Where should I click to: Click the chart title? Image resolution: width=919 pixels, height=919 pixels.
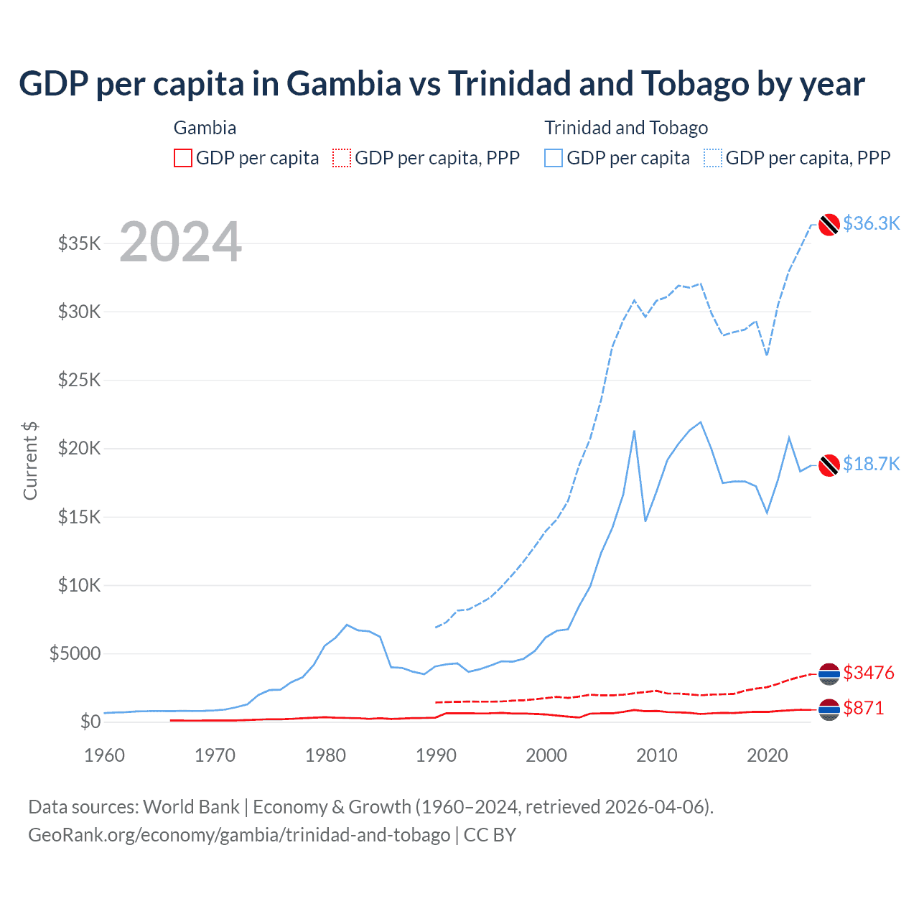442,84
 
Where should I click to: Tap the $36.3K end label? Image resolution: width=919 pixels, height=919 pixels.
871,223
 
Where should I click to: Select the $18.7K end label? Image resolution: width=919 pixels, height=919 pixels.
871,464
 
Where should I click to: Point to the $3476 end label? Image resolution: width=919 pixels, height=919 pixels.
869,673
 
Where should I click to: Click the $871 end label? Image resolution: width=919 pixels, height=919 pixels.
863,708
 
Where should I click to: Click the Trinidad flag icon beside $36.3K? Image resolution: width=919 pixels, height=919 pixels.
829,225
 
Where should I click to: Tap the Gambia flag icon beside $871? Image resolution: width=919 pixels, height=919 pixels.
829,709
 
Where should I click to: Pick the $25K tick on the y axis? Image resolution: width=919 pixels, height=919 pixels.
79,380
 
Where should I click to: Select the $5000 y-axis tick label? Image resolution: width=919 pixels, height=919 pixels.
75,653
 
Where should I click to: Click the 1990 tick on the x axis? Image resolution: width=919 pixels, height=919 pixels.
436,755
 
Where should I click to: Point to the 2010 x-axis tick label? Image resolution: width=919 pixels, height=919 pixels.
657,755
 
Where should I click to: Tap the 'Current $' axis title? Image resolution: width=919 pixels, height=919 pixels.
30,461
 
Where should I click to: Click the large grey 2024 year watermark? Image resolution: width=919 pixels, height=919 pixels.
180,242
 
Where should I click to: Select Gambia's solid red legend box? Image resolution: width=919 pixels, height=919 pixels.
183,158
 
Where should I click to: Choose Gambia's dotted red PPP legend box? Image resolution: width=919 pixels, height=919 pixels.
342,158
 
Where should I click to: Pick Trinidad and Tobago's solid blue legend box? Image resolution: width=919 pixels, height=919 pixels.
554,158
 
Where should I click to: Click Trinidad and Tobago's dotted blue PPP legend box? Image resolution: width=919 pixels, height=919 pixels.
713,158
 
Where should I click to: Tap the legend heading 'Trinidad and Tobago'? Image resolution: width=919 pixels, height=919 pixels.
626,128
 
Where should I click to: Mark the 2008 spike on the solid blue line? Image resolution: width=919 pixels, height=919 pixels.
634,431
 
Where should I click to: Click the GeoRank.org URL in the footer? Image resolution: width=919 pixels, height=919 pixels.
239,835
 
